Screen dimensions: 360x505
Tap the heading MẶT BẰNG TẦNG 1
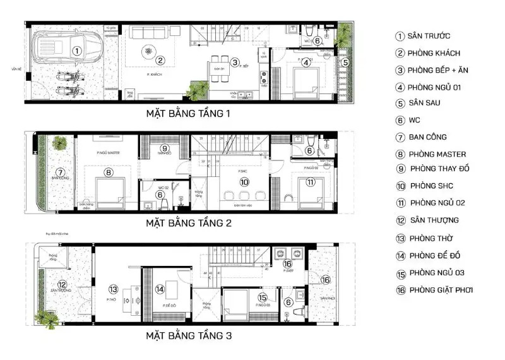(188, 114)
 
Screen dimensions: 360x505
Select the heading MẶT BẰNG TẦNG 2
(189, 223)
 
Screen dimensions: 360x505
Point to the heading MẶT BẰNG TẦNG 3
(189, 336)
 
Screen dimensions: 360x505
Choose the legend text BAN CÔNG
(429, 137)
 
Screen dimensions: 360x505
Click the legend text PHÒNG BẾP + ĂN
(442, 70)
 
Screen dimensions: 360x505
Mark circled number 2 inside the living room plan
(160, 61)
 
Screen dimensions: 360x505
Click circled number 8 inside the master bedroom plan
(109, 172)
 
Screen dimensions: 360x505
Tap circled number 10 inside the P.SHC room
(244, 182)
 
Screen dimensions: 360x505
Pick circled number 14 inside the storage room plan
(160, 289)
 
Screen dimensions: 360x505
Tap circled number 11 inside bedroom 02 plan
(310, 183)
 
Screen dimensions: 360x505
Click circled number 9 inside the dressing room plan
(163, 149)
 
